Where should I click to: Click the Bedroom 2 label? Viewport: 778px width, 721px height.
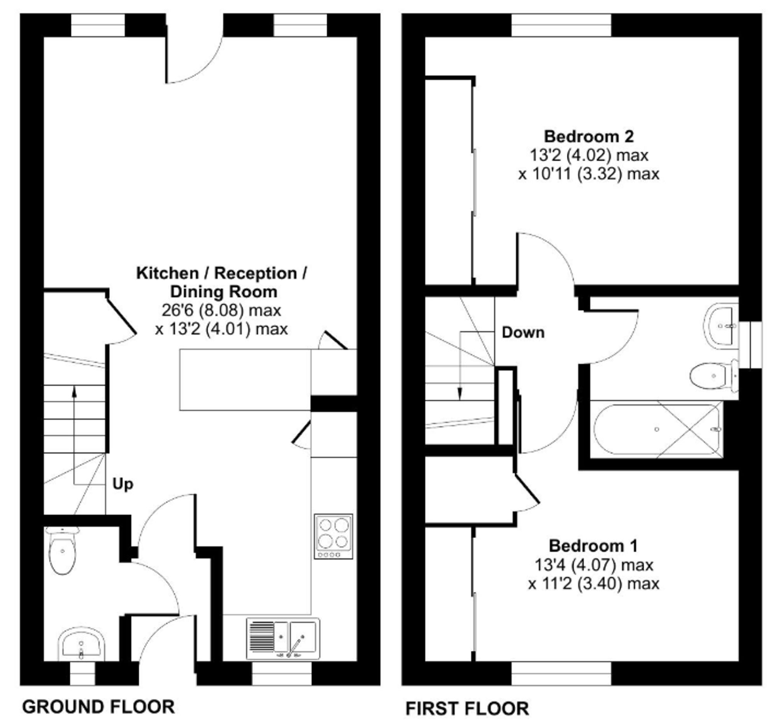click(589, 136)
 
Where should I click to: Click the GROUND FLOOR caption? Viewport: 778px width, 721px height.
click(98, 707)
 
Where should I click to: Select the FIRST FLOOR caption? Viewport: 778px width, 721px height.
click(467, 708)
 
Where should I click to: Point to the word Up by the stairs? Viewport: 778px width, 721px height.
click(123, 484)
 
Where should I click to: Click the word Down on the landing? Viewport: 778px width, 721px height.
click(523, 332)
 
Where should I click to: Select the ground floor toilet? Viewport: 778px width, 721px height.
click(62, 551)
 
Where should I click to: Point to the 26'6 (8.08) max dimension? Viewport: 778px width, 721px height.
click(221, 311)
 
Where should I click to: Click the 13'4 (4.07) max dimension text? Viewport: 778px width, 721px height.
click(594, 565)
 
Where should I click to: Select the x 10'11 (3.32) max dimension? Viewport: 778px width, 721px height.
click(589, 173)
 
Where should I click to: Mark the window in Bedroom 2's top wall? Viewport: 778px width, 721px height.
click(561, 25)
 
